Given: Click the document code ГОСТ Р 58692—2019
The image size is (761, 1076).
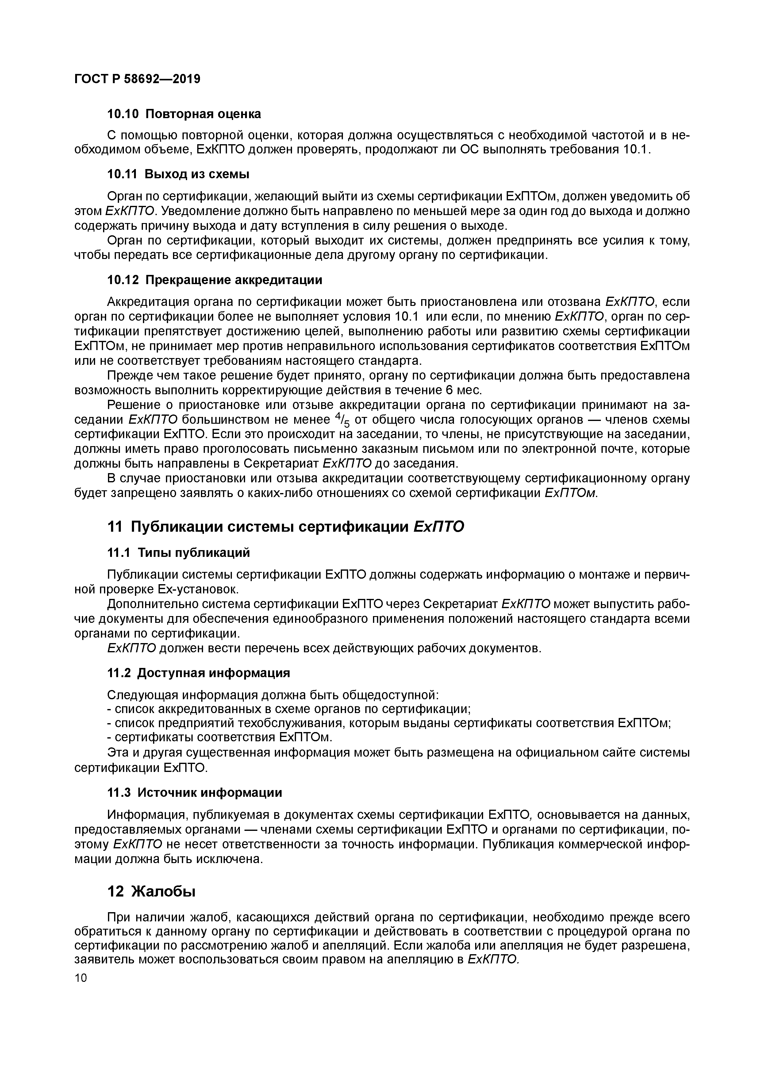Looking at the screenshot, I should [137, 79].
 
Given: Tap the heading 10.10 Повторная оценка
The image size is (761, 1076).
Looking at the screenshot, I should [184, 114].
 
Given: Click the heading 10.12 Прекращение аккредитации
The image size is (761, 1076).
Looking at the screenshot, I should [215, 280].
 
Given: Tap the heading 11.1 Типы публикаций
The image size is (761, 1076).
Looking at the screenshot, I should [179, 553].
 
